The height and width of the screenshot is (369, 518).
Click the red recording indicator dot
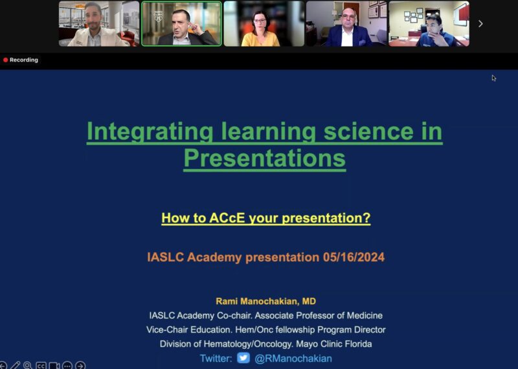[x=6, y=60]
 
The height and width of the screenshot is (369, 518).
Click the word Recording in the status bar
[x=24, y=60]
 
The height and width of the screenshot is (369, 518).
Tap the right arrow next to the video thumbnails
[x=480, y=24]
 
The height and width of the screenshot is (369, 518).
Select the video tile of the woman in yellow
[x=264, y=24]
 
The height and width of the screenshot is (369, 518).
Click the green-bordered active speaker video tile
[x=181, y=24]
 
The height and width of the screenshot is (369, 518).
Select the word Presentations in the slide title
[x=264, y=158]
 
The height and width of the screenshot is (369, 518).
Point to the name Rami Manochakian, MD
[x=265, y=302]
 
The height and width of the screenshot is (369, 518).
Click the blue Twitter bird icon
[x=243, y=357]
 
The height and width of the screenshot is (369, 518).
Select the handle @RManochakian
[x=293, y=358]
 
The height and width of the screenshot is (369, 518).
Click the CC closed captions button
[x=41, y=365]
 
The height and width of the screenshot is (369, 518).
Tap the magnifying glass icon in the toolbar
[x=28, y=365]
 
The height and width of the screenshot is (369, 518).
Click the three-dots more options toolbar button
[x=67, y=365]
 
